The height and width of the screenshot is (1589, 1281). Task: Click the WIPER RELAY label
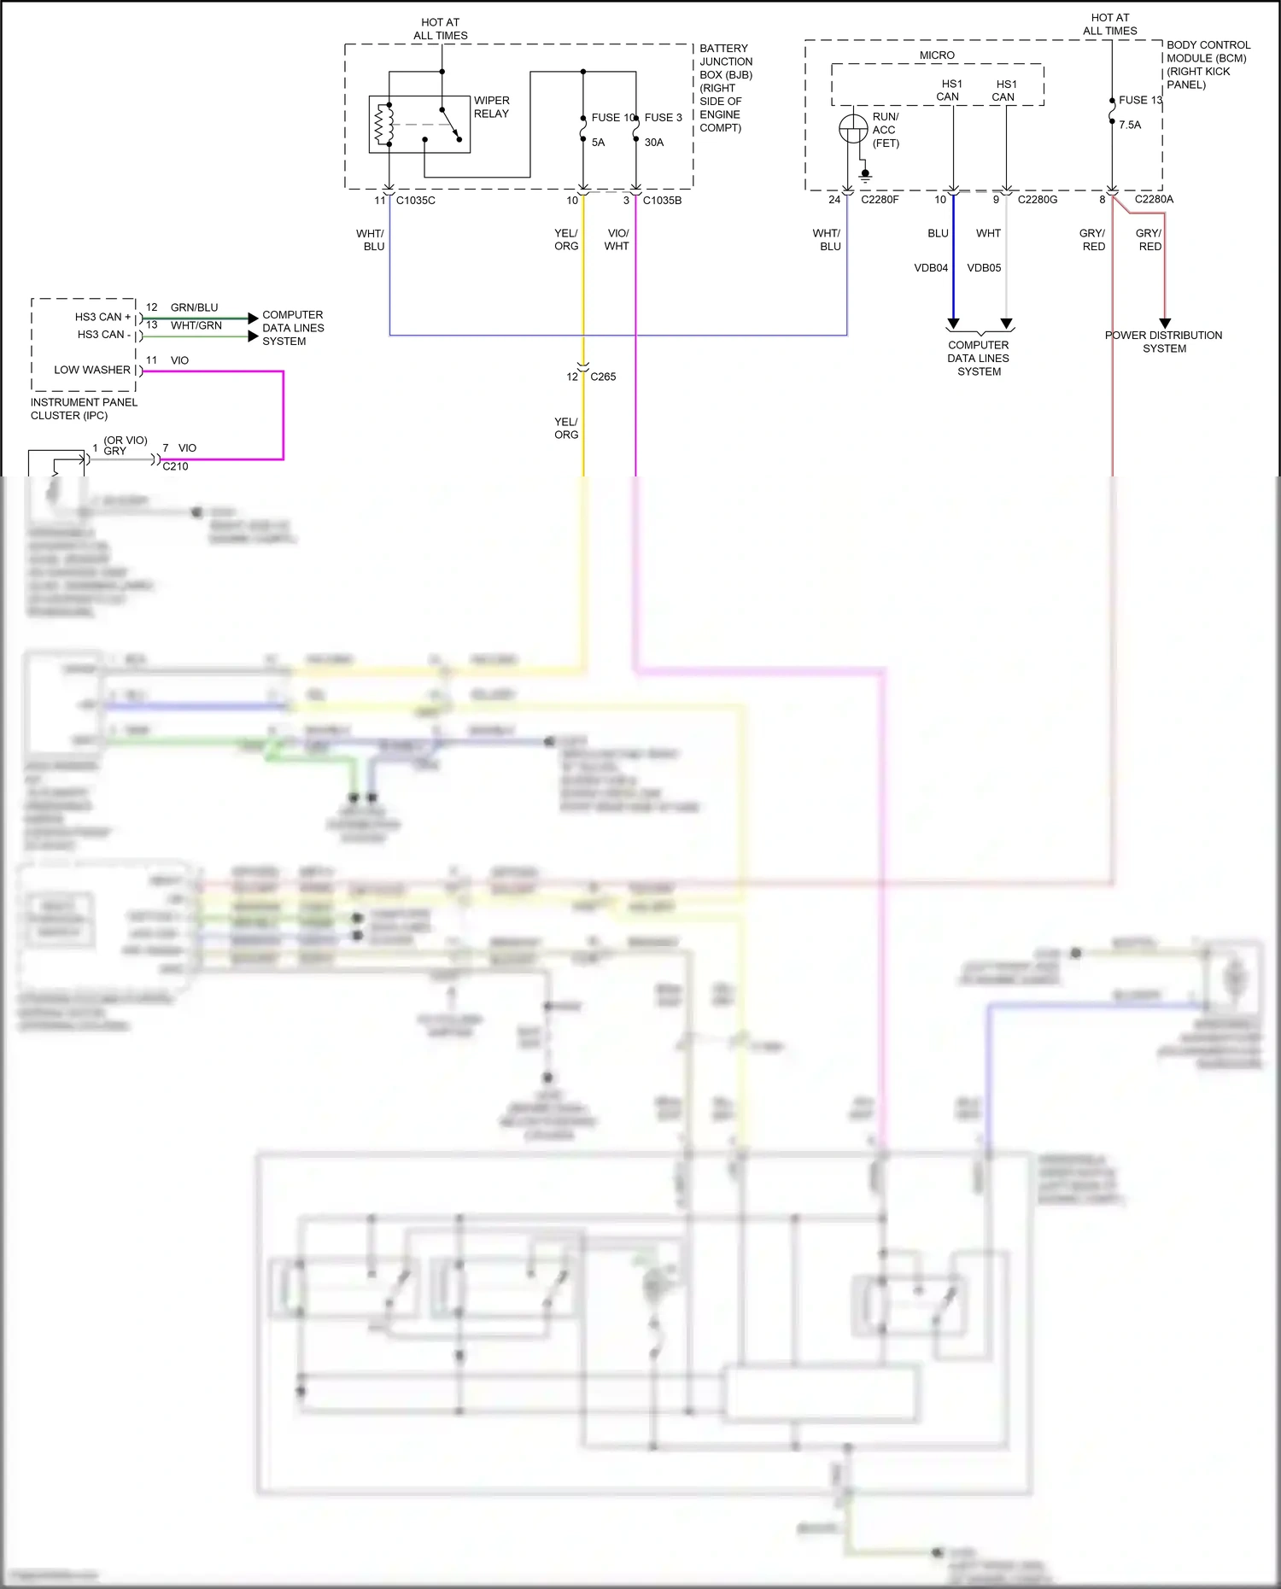[x=491, y=107]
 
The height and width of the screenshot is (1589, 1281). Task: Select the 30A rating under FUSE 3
[x=654, y=143]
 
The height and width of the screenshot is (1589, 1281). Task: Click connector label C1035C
[x=416, y=201]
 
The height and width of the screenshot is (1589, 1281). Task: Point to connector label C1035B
[x=662, y=201]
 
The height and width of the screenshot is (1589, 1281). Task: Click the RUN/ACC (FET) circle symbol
[x=853, y=130]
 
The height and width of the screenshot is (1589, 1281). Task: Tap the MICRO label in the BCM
[x=937, y=55]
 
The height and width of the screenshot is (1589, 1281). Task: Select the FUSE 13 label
[x=1140, y=100]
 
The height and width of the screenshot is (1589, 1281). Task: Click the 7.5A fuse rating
[x=1130, y=125]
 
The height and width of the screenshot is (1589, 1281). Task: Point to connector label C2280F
[x=880, y=200]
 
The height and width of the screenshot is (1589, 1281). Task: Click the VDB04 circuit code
[x=931, y=268]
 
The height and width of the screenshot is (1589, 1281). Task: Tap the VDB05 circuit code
[x=984, y=268]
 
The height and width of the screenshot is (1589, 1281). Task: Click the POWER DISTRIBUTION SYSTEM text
[x=1163, y=342]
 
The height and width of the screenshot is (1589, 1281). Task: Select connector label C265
[x=603, y=377]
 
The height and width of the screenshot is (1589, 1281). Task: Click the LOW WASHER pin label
[x=92, y=370]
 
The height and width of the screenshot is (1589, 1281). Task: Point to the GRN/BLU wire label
[x=194, y=307]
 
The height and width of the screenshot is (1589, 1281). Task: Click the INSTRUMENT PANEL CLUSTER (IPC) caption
[x=84, y=409]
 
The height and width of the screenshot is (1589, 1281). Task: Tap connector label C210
[x=175, y=466]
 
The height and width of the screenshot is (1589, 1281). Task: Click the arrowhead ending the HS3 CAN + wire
[x=253, y=318]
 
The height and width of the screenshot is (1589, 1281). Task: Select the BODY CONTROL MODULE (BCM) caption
[x=1208, y=65]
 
